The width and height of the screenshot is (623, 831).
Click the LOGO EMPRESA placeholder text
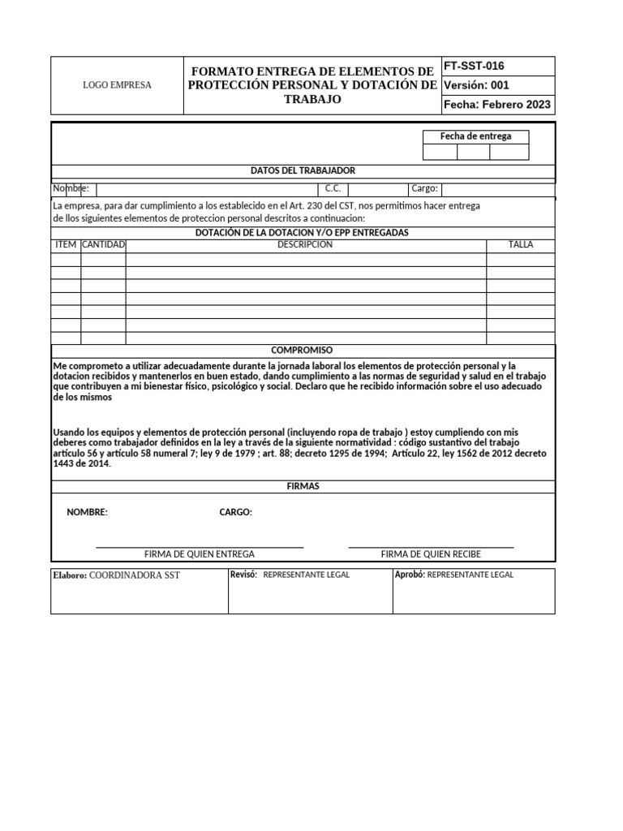click(118, 85)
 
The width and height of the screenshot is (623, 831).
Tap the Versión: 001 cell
click(476, 85)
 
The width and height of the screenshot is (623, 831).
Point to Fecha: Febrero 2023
click(497, 105)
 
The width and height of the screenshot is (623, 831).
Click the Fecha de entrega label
click(475, 136)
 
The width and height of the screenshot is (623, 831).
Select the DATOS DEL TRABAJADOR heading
click(303, 170)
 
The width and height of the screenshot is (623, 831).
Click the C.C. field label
click(333, 188)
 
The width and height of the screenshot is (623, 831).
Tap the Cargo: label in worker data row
click(424, 188)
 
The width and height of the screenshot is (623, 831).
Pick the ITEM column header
click(65, 244)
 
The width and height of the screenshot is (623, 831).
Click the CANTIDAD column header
click(103, 244)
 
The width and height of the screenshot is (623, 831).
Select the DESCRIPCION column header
click(305, 244)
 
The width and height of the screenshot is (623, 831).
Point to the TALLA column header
click(521, 244)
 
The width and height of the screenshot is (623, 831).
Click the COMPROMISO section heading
click(302, 350)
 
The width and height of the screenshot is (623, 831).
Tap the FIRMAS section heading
click(303, 486)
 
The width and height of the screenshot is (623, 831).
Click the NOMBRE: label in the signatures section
click(87, 512)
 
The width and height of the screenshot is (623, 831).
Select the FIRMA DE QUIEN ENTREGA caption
click(200, 554)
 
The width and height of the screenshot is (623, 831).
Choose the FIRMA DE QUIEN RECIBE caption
click(431, 554)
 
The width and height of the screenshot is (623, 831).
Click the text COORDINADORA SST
click(134, 575)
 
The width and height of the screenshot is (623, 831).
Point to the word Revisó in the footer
click(243, 575)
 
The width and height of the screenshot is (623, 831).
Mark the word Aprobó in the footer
click(409, 575)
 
